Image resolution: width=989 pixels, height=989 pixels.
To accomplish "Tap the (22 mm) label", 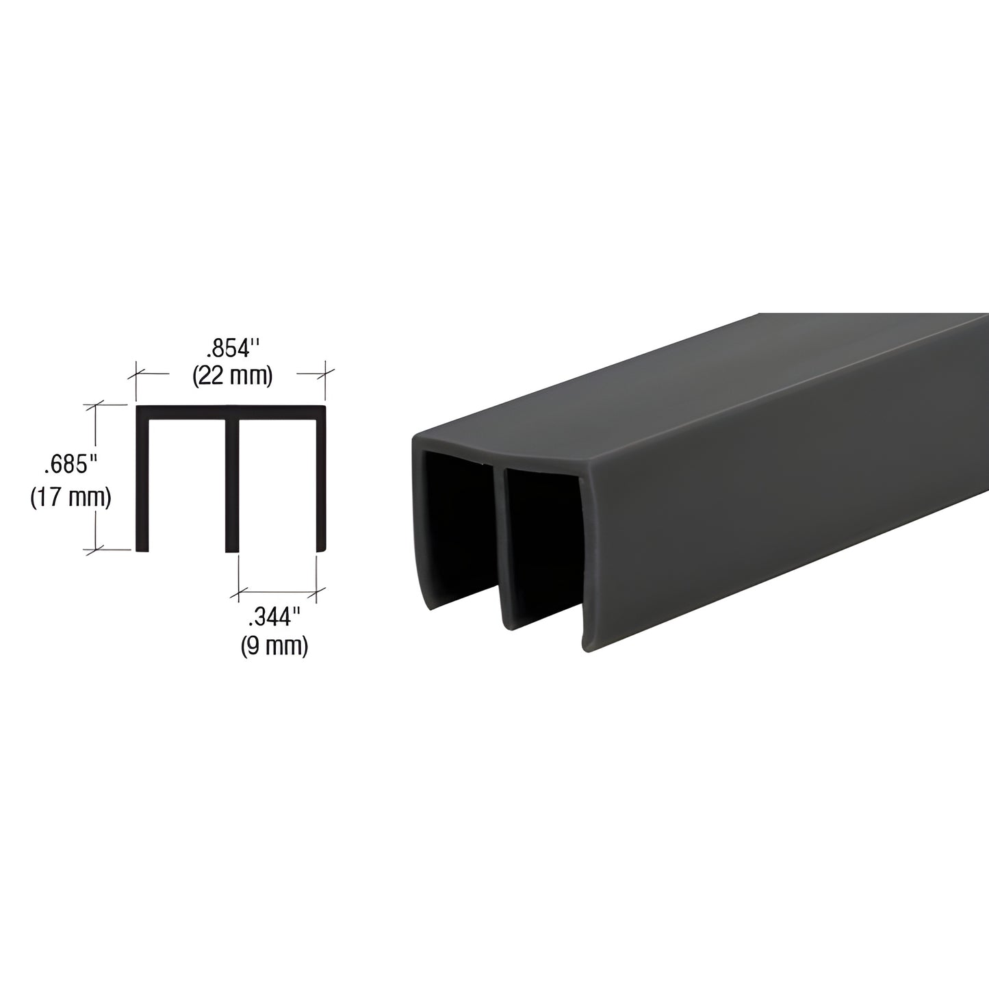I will [x=232, y=376].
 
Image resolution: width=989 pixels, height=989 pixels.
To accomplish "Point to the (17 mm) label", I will [x=70, y=498].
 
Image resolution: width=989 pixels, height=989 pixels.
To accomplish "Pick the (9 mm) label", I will [x=274, y=645].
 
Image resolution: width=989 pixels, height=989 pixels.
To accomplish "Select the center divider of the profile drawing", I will [x=232, y=483].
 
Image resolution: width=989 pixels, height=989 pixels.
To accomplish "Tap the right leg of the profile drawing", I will [x=319, y=483].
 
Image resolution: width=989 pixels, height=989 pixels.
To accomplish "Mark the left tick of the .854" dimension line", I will [x=136, y=373].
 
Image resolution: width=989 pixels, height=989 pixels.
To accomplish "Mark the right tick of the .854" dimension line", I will [x=324, y=373].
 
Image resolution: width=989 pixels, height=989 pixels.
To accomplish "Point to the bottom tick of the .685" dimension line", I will [x=95, y=548].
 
